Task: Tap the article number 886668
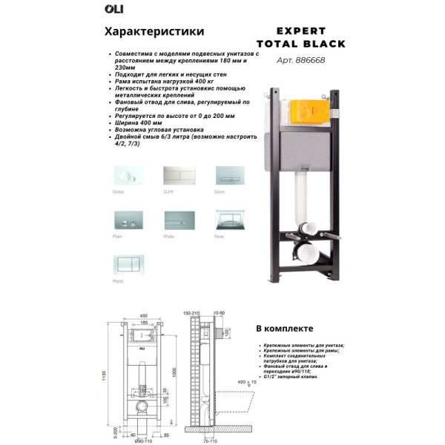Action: tap(309, 61)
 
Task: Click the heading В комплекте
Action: tap(284, 329)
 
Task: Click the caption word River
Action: tap(219, 237)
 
